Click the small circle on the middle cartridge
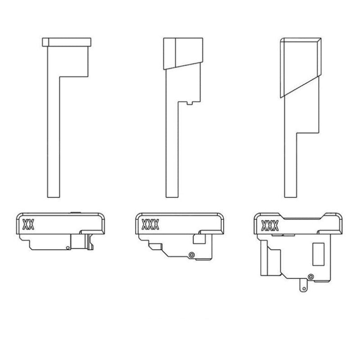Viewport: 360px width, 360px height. (192, 255)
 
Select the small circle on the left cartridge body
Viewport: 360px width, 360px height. (67, 247)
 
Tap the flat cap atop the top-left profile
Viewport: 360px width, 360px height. (67, 42)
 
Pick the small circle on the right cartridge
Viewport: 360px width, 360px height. (310, 276)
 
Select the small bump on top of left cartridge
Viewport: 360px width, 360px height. (75, 212)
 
